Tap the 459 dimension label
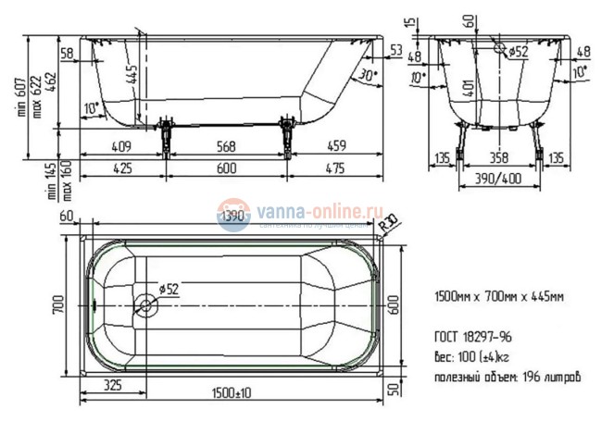pos(336,145)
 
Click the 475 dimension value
pos(336,168)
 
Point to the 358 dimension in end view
pos(498,157)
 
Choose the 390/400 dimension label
pos(497,176)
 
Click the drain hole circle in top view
pos(144,304)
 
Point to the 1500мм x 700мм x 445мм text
pos(499,297)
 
